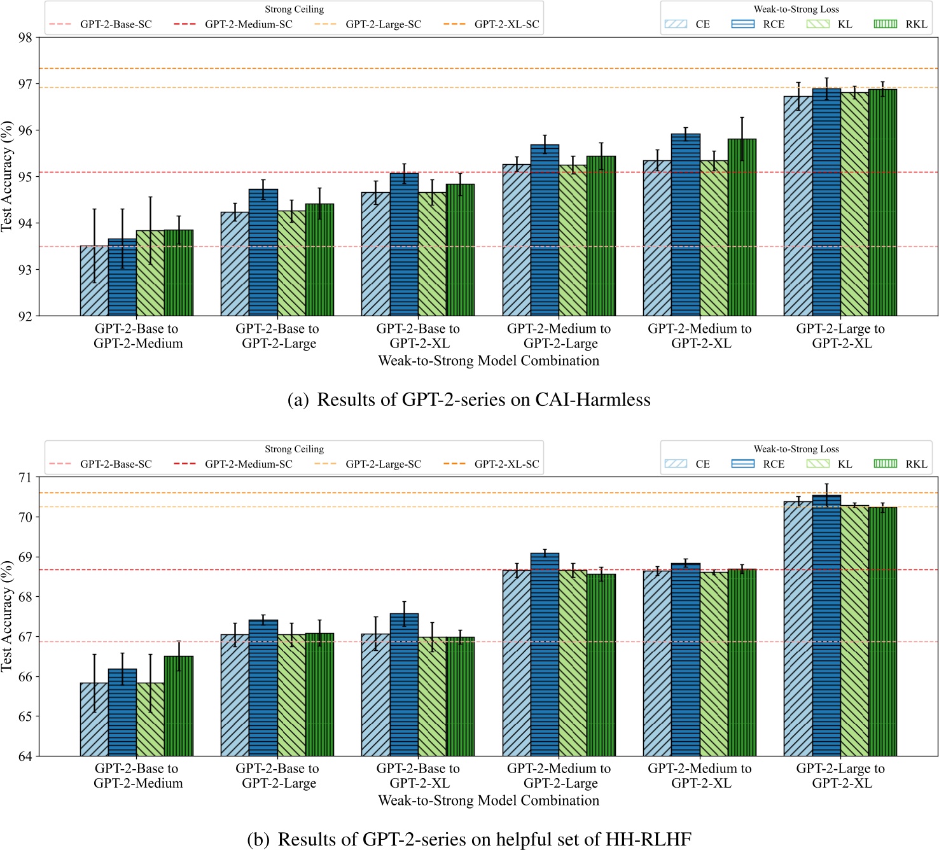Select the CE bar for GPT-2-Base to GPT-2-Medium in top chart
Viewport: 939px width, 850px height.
pyautogui.click(x=94, y=281)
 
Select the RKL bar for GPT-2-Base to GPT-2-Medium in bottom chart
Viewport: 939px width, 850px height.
pyautogui.click(x=179, y=706)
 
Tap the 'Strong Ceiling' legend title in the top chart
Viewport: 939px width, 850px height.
pyautogui.click(x=294, y=10)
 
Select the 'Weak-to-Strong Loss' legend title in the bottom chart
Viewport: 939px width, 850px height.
pyautogui.click(x=796, y=449)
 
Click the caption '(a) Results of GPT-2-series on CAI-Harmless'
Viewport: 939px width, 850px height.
pyautogui.click(x=469, y=400)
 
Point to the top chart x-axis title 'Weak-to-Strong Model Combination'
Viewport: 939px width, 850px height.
pyautogui.click(x=489, y=361)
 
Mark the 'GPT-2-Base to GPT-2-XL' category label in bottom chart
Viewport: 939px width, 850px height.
pyautogui.click(x=419, y=776)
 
